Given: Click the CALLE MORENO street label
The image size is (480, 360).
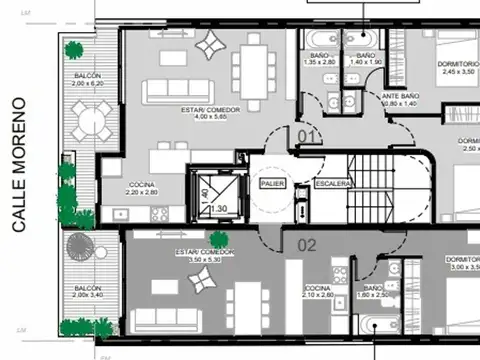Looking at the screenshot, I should tap(17, 165).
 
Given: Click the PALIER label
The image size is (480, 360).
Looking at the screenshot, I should tap(271, 185).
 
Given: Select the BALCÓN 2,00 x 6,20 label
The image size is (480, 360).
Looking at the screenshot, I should tap(87, 81).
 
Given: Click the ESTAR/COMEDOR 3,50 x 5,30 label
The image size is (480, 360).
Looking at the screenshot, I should tap(204, 256).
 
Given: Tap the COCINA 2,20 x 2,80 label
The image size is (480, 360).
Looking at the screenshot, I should tap(141, 186).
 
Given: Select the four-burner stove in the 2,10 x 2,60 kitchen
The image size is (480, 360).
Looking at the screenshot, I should tap(340, 270).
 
